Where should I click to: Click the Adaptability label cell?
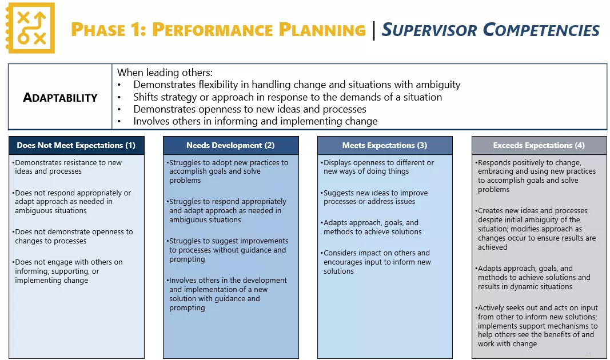coord(60,97)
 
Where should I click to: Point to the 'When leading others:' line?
coord(165,73)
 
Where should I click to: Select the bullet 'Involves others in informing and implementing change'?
coord(255,121)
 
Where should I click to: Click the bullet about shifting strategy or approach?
coord(287,97)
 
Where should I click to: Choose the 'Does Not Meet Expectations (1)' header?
coord(76,145)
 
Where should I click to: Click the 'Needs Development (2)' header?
coord(230,145)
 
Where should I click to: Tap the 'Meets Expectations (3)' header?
coord(385,145)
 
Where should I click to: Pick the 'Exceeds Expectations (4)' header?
coord(539,145)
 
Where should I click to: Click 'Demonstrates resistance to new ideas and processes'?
coord(68,167)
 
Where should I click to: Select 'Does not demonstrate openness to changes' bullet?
coord(73,236)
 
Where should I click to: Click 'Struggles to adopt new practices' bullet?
coord(228,171)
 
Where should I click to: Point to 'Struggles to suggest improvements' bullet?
coord(228,250)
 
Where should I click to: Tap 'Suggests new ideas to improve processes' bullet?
coord(375,197)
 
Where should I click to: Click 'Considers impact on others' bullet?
coord(377,262)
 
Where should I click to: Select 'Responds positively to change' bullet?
coord(536,176)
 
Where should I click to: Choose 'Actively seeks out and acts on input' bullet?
coord(537,326)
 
